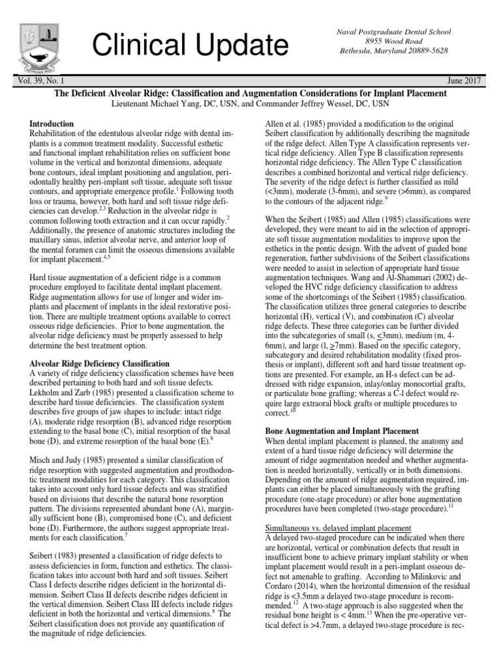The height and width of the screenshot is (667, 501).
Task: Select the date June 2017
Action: (465, 80)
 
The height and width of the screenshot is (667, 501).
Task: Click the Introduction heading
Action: (52, 123)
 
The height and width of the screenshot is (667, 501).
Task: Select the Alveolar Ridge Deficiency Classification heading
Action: (100, 363)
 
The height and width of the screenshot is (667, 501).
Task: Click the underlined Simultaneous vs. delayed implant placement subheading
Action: (338, 527)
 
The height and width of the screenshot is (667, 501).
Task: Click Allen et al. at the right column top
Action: (282, 123)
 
